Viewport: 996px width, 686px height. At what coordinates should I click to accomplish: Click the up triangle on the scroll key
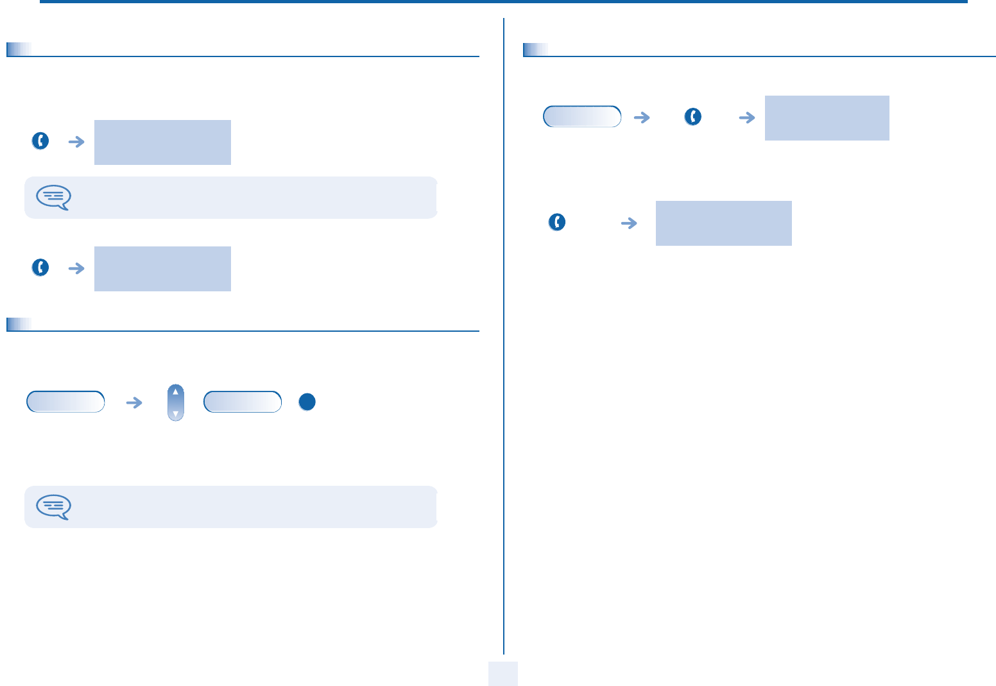pyautogui.click(x=175, y=391)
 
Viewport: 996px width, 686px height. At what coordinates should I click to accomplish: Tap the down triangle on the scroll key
pyautogui.click(x=175, y=414)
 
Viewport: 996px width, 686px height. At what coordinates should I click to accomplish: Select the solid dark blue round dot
pyautogui.click(x=307, y=402)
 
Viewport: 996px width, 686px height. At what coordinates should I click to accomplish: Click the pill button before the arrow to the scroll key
pyautogui.click(x=65, y=402)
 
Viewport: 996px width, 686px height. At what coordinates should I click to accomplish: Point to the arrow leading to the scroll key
pyautogui.click(x=134, y=402)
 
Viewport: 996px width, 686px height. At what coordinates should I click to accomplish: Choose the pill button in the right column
pyautogui.click(x=582, y=117)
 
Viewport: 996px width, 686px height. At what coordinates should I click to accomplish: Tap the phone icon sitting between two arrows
pyautogui.click(x=693, y=117)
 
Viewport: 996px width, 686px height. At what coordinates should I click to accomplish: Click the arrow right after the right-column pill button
pyautogui.click(x=642, y=117)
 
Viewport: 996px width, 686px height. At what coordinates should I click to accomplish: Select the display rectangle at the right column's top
pyautogui.click(x=827, y=118)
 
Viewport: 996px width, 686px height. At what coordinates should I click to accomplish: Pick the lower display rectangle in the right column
pyautogui.click(x=723, y=223)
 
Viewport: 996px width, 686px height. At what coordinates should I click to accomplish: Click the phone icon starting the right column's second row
pyautogui.click(x=557, y=223)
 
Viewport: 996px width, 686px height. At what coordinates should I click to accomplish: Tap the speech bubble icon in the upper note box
pyautogui.click(x=54, y=198)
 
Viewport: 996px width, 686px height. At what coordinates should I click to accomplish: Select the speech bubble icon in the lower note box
pyautogui.click(x=54, y=507)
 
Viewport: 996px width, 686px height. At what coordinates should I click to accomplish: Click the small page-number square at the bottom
pyautogui.click(x=502, y=674)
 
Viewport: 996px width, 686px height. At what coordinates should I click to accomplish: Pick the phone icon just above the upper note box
pyautogui.click(x=40, y=141)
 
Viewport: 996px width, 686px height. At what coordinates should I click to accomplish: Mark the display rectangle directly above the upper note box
pyautogui.click(x=162, y=142)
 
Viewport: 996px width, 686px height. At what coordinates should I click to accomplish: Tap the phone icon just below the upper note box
pyautogui.click(x=40, y=268)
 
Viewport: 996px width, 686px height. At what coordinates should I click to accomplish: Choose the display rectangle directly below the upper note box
pyautogui.click(x=162, y=269)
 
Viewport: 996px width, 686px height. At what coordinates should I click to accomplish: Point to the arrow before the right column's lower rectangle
pyautogui.click(x=630, y=223)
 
